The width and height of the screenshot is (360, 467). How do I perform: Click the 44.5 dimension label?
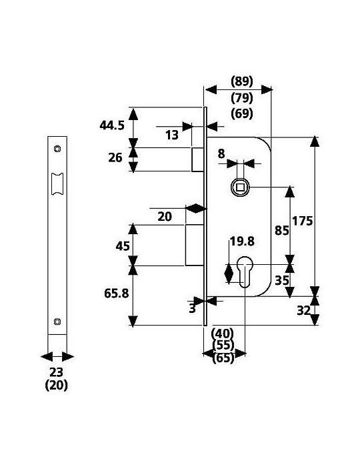click(112, 125)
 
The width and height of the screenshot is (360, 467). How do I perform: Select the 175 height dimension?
click(302, 221)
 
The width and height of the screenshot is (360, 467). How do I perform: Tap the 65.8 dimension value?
click(116, 294)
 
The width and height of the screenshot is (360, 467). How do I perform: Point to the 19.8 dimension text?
click(242, 242)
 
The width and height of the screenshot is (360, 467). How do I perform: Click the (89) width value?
click(242, 81)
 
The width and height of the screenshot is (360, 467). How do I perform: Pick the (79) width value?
click(242, 97)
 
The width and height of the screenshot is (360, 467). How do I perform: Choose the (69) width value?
click(242, 113)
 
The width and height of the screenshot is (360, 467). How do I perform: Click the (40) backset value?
click(223, 333)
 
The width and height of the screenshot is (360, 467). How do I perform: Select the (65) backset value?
click(224, 358)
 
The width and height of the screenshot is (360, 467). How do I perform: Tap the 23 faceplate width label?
click(56, 372)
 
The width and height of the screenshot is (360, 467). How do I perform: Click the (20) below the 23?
click(56, 386)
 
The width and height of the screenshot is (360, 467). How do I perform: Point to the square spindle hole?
click(240, 187)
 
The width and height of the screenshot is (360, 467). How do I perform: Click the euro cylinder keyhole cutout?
click(245, 272)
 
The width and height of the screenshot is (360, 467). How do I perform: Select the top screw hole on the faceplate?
click(57, 148)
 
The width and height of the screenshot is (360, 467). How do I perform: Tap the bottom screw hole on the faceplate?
click(57, 322)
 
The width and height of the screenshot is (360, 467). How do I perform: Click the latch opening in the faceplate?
click(57, 183)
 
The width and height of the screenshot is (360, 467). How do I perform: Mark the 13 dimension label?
click(172, 135)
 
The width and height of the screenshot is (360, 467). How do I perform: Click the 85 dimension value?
click(282, 230)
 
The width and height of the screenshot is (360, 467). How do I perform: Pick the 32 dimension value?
click(304, 311)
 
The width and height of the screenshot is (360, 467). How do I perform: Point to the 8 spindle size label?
click(221, 154)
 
